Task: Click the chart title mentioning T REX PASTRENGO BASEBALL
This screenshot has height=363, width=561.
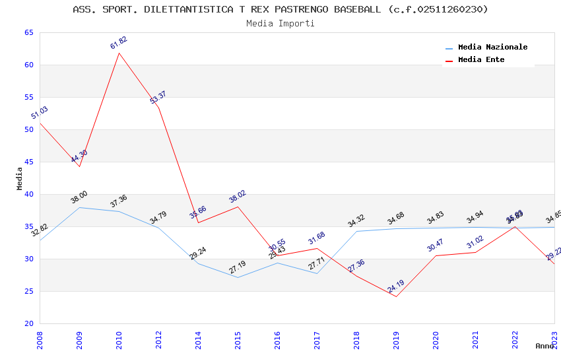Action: pos(280,9)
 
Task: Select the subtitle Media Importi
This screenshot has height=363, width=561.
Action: pos(280,23)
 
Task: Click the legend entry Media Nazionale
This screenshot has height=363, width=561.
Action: pos(492,47)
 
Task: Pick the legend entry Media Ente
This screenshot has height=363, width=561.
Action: pos(481,59)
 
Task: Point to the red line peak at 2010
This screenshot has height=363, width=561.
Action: pos(119,53)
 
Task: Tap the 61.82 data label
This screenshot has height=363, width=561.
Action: pos(119,43)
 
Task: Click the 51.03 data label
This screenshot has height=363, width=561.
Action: pos(40,113)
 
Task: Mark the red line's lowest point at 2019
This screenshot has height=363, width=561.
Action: pos(396,296)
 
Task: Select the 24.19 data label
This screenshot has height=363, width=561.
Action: pos(396,286)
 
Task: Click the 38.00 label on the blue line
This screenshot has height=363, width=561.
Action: pos(79,197)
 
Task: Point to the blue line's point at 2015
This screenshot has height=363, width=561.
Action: pos(238,277)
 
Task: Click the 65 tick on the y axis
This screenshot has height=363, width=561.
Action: pos(29,32)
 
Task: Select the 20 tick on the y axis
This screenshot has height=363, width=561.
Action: pos(29,323)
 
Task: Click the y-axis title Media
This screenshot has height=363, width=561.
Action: pos(20,178)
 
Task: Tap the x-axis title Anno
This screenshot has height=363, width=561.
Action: pos(544,346)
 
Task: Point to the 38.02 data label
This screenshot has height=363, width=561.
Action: pos(238,197)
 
